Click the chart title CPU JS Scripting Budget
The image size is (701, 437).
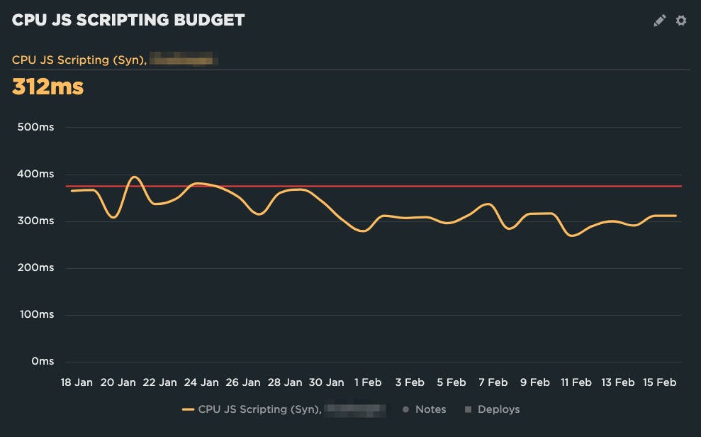pyautogui.click(x=128, y=20)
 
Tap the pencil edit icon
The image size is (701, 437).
pyautogui.click(x=660, y=21)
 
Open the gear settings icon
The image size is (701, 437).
pyautogui.click(x=681, y=21)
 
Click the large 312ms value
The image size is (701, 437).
pyautogui.click(x=48, y=87)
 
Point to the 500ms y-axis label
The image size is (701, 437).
pyautogui.click(x=36, y=128)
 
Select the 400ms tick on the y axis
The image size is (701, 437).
pyautogui.click(x=36, y=175)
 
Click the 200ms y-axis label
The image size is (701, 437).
pyautogui.click(x=36, y=268)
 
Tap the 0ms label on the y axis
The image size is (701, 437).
pyautogui.click(x=42, y=362)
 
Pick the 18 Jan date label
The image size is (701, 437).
pyautogui.click(x=77, y=382)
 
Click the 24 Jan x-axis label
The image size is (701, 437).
pyautogui.click(x=201, y=382)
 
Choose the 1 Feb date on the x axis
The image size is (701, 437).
pyautogui.click(x=367, y=382)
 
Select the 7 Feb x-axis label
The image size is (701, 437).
pyautogui.click(x=493, y=382)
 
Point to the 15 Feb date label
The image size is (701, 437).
pyautogui.click(x=659, y=382)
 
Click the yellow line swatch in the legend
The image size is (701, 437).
pyautogui.click(x=188, y=409)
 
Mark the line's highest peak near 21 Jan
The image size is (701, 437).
pyautogui.click(x=135, y=177)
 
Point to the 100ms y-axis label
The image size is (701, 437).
pyautogui.click(x=36, y=315)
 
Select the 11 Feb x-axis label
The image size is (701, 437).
pyautogui.click(x=576, y=382)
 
